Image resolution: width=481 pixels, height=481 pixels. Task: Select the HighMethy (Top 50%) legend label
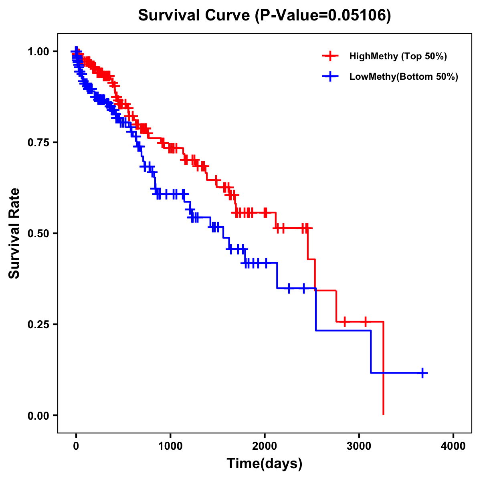coord(398,56)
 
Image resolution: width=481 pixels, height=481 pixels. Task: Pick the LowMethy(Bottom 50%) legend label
coord(404,77)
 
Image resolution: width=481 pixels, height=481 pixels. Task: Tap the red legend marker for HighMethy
coord(330,56)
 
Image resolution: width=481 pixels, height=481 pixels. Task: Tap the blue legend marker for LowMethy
coord(330,77)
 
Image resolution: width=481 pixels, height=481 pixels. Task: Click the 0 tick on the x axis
coord(76,446)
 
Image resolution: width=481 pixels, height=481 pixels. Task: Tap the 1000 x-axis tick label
coord(170,446)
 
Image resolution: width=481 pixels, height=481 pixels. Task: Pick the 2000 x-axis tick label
coord(265,446)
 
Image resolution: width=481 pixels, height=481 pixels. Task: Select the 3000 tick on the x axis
coord(359,446)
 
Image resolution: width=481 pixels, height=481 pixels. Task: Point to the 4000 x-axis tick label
coord(453,446)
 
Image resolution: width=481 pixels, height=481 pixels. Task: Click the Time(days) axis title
coord(265,464)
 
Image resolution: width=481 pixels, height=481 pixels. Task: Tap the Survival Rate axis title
coord(14,233)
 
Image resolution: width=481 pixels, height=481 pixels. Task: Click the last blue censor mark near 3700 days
coord(422,373)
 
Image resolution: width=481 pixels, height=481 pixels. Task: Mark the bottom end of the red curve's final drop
coord(384,414)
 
